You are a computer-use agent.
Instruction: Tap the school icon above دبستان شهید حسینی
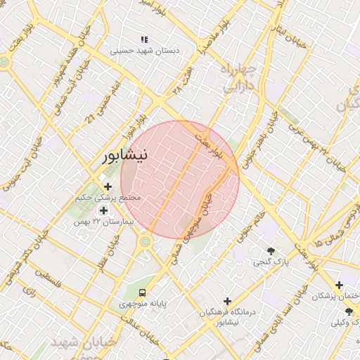pyautogui.click(x=145, y=39)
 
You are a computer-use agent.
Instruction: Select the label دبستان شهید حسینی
pyautogui.click(x=145, y=51)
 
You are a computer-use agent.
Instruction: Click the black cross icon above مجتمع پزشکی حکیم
pyautogui.click(x=108, y=186)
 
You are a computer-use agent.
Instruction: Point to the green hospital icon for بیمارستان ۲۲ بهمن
pyautogui.click(x=103, y=210)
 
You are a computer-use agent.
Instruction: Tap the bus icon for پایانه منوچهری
pyautogui.click(x=143, y=292)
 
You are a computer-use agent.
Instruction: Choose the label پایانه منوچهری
pyautogui.click(x=141, y=304)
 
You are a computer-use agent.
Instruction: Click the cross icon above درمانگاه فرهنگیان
pyautogui.click(x=226, y=300)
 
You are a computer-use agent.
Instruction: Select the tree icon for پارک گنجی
pyautogui.click(x=271, y=251)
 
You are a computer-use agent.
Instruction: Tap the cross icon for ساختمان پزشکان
pyautogui.click(x=340, y=285)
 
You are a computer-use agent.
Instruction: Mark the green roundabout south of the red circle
pyautogui.click(x=146, y=243)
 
